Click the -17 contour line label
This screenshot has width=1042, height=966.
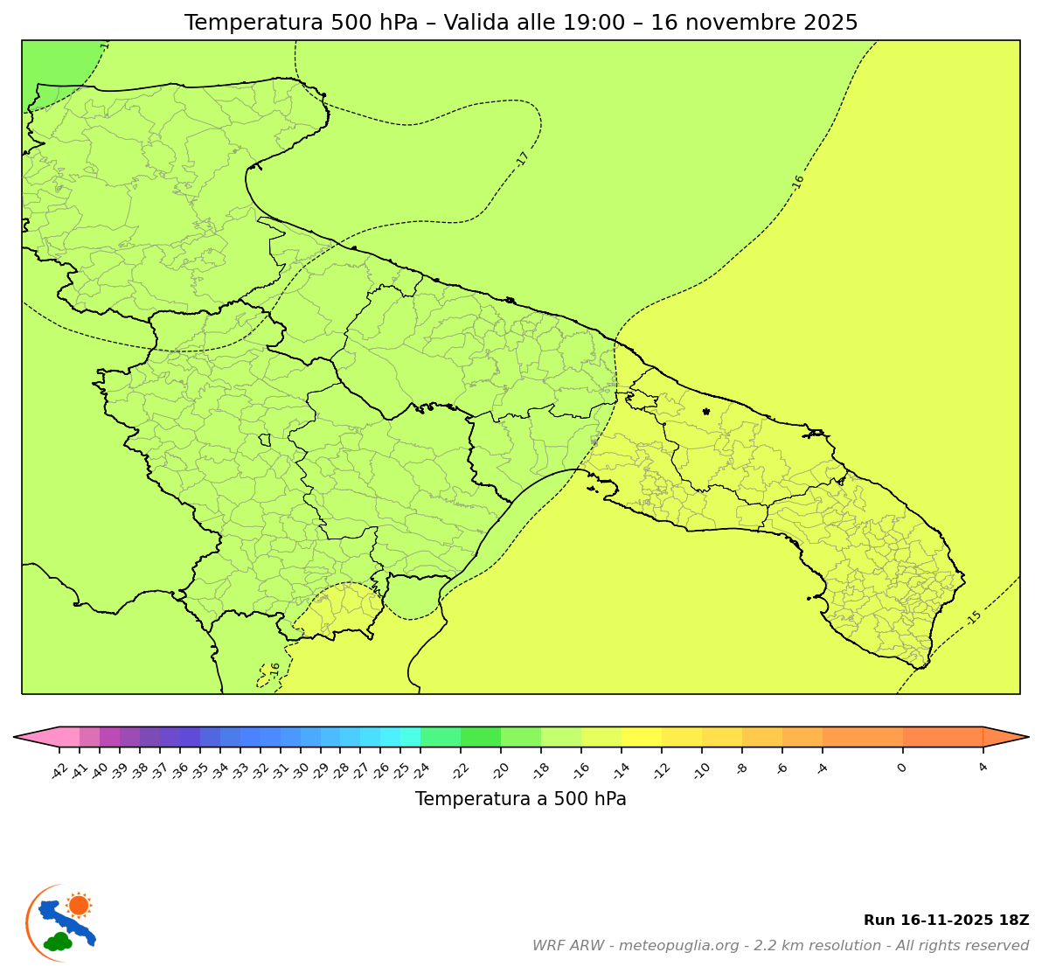(523, 159)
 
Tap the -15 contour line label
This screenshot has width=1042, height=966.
(974, 617)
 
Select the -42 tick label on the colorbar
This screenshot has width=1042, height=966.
(59, 770)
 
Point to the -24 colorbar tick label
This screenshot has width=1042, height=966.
(420, 770)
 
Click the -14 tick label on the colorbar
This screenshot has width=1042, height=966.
(621, 770)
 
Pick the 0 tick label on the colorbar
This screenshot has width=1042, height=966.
(900, 768)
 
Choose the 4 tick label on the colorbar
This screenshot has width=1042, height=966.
(983, 767)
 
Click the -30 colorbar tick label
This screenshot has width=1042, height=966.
(300, 770)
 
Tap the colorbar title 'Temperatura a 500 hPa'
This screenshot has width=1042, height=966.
(520, 799)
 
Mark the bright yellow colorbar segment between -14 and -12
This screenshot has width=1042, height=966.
(641, 737)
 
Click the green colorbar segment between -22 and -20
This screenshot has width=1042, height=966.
(480, 737)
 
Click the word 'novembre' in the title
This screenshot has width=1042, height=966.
(735, 23)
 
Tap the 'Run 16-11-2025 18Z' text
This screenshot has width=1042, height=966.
(946, 921)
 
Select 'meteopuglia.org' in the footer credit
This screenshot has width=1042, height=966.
(679, 946)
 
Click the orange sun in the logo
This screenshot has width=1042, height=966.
(79, 905)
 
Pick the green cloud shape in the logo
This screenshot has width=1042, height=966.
(59, 942)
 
